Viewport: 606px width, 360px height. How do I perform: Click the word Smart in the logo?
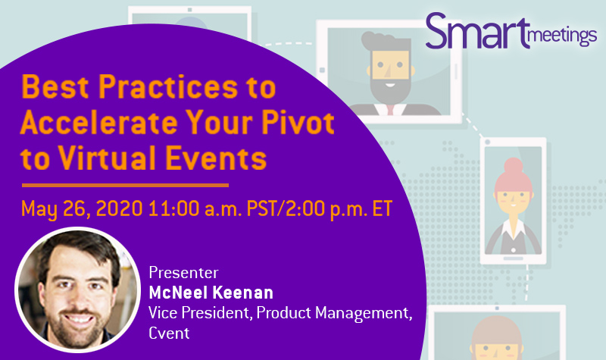click(477, 31)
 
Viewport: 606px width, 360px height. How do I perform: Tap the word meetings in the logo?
click(563, 36)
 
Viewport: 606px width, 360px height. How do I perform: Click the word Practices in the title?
click(168, 86)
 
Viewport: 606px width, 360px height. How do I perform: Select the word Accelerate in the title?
click(98, 122)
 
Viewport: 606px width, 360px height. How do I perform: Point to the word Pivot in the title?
click(298, 122)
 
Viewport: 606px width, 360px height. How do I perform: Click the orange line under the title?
click(125, 186)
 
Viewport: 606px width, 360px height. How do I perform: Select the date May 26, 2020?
click(82, 209)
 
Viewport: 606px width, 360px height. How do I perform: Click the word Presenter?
click(183, 273)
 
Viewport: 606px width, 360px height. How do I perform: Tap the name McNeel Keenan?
click(211, 293)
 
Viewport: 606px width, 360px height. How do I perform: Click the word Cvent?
click(169, 333)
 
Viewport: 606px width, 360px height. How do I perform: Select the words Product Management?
click(333, 313)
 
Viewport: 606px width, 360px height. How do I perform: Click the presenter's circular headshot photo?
click(77, 290)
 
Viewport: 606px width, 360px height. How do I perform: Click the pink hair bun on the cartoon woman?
click(514, 165)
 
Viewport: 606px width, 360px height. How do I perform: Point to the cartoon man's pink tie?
click(390, 110)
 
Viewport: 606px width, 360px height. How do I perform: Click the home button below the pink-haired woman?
click(513, 258)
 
